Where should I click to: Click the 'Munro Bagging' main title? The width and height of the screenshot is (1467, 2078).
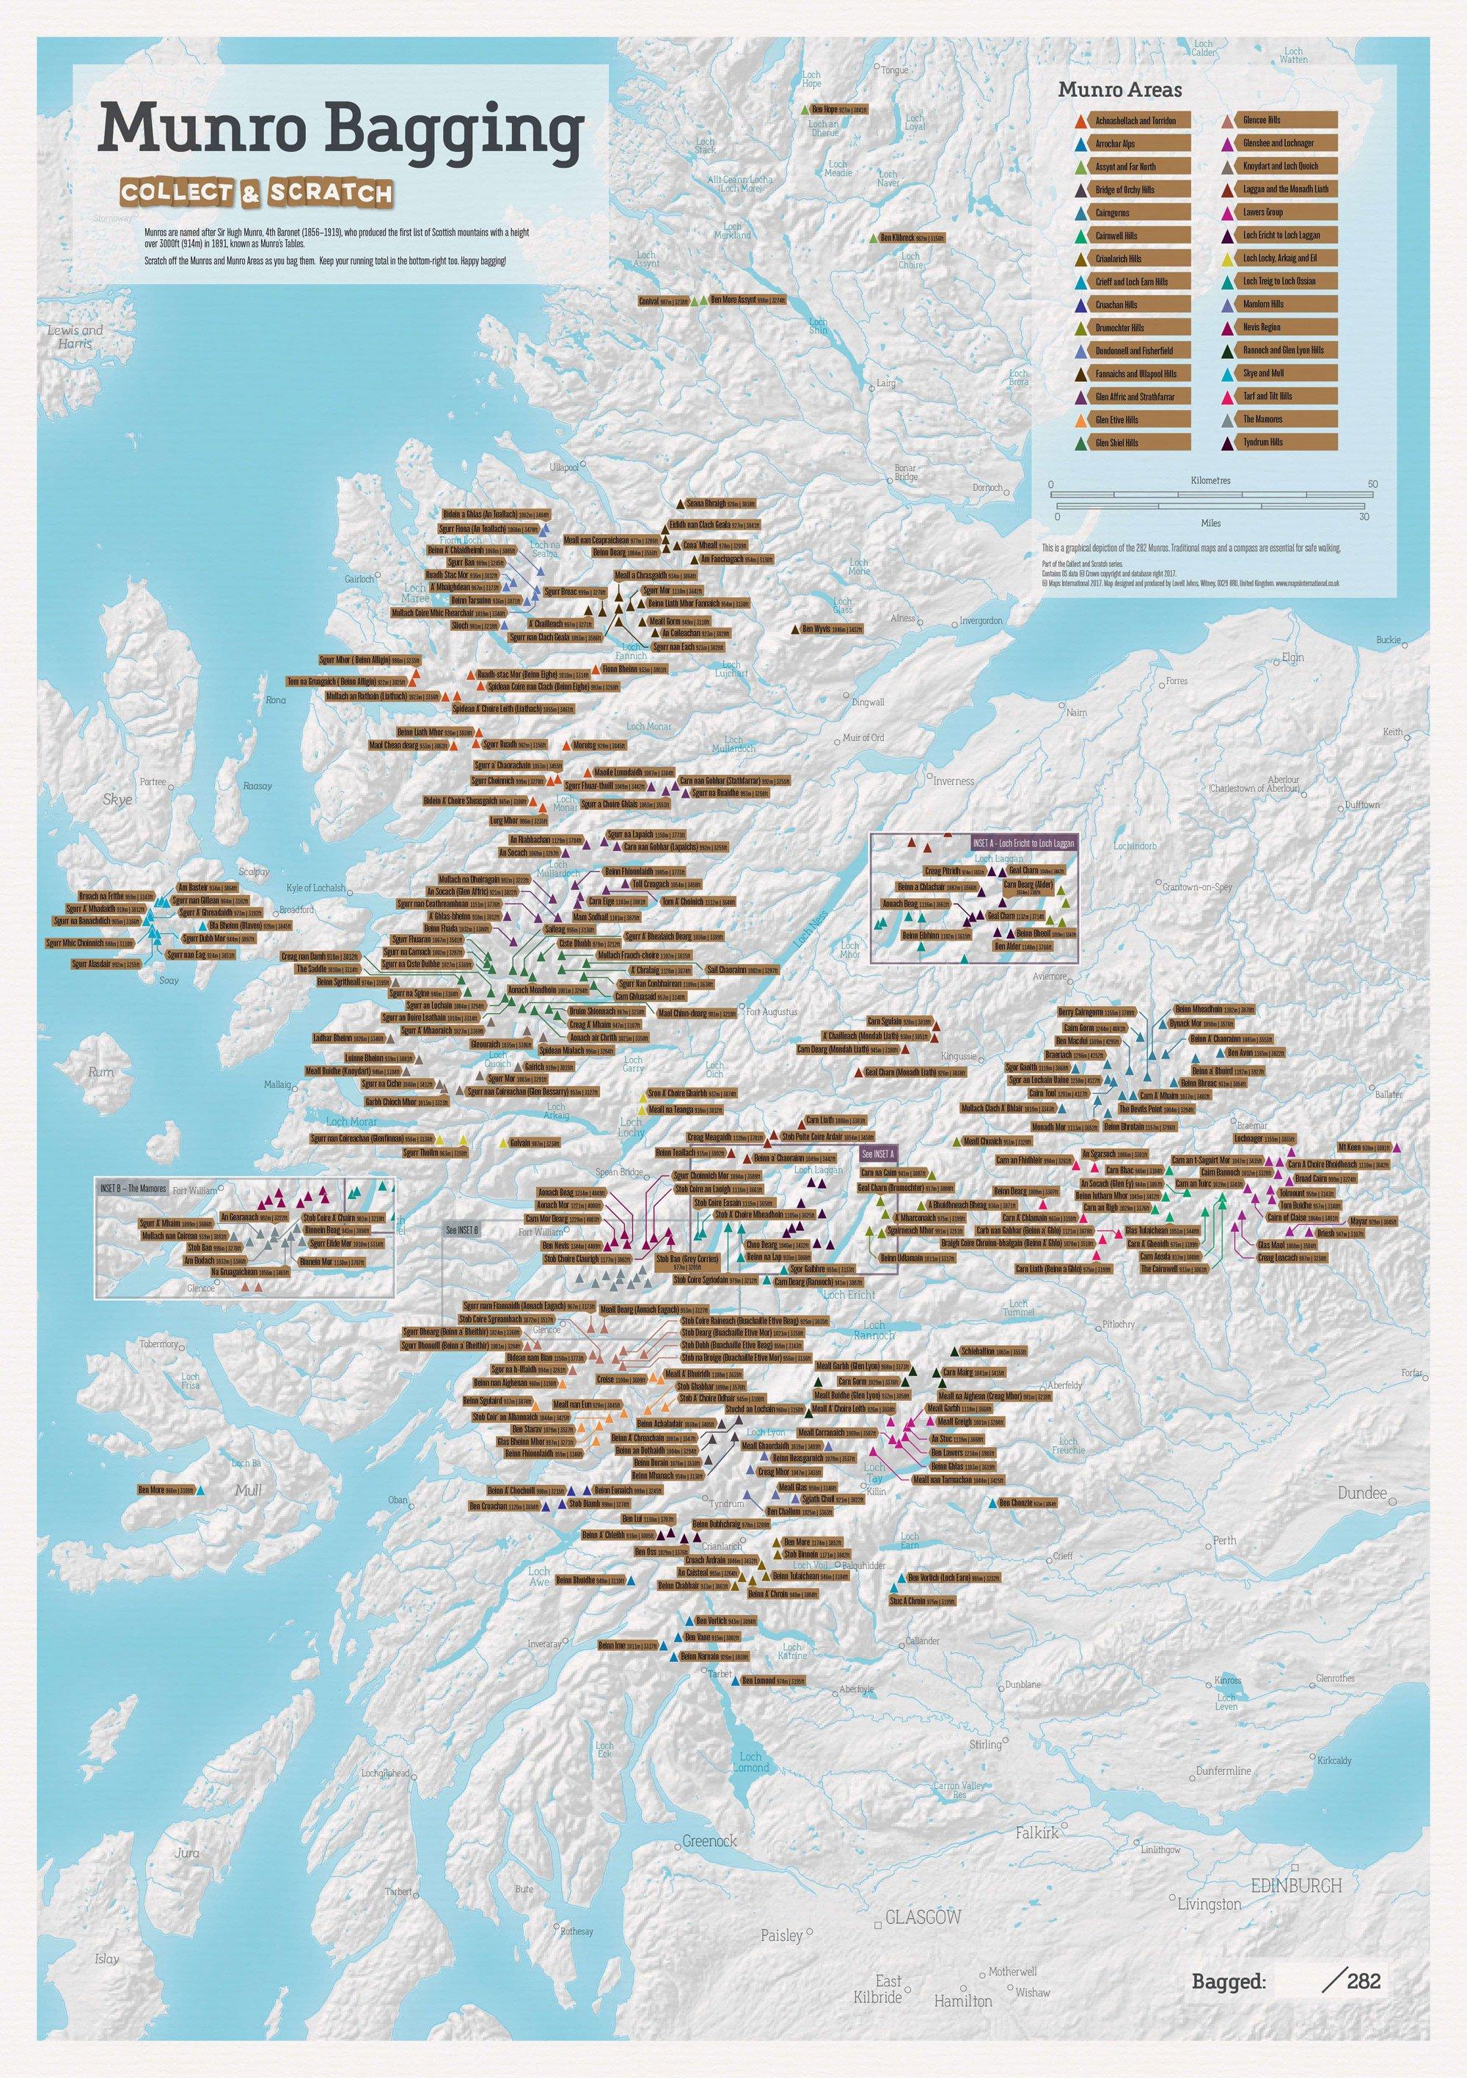click(341, 129)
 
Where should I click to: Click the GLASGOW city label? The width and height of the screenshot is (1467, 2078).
click(922, 1834)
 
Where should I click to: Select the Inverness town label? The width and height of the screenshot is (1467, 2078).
click(954, 780)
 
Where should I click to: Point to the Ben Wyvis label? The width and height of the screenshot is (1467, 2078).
click(832, 628)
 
